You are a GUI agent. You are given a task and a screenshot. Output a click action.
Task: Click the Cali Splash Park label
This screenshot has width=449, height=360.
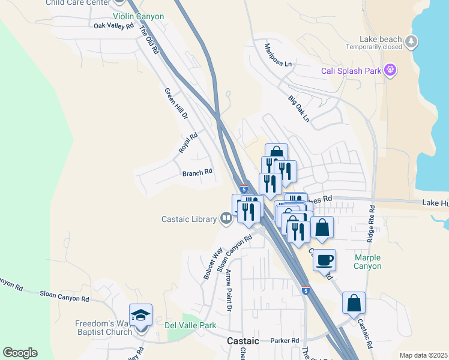pyautogui.click(x=351, y=71)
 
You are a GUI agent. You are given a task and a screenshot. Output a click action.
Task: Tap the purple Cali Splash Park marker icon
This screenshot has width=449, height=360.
pyautogui.click(x=391, y=70)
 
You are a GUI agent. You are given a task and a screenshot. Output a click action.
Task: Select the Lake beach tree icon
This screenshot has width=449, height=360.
pyautogui.click(x=411, y=41)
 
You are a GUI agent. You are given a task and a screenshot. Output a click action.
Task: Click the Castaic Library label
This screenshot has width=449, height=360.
pyautogui.click(x=188, y=219)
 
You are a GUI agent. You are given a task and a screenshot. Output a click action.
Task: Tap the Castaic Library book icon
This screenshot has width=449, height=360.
pyautogui.click(x=226, y=218)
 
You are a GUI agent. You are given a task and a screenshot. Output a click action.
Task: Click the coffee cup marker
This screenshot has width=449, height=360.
pyautogui.click(x=325, y=260)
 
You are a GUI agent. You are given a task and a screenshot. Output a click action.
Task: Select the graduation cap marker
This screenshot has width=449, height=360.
pyautogui.click(x=140, y=316)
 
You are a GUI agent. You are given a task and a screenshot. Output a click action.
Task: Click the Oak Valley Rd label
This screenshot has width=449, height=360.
pyautogui.click(x=113, y=26)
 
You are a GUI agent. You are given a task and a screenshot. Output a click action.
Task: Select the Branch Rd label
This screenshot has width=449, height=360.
pyautogui.click(x=197, y=172)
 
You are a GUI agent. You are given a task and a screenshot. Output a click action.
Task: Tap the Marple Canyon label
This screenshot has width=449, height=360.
pyautogui.click(x=368, y=262)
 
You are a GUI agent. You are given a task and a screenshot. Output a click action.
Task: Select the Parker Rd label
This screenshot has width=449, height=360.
pyautogui.click(x=285, y=341)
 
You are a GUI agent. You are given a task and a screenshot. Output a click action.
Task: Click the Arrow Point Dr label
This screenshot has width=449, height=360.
pyautogui.click(x=229, y=291)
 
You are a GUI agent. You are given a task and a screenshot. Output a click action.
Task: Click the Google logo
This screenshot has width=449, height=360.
pyautogui.click(x=20, y=353)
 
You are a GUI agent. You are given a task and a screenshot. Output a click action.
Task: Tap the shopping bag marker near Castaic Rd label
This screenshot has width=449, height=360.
pyautogui.click(x=354, y=303)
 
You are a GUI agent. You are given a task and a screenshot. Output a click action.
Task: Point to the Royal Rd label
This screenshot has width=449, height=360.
pyautogui.click(x=188, y=142)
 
